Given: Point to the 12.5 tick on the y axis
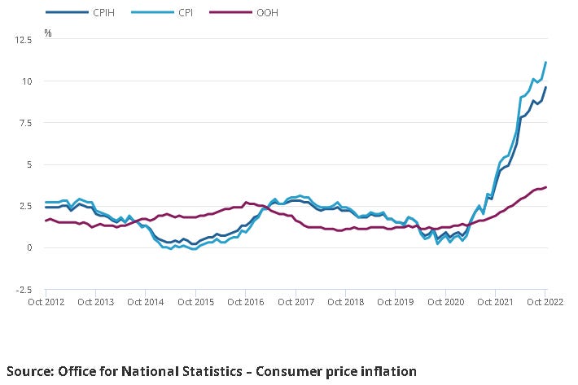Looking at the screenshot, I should (25, 39).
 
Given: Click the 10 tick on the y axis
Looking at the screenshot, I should (29, 81).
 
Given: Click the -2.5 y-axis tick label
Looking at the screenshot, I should (26, 290).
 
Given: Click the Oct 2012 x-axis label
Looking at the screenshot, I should (46, 302).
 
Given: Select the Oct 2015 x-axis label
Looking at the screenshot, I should (195, 302).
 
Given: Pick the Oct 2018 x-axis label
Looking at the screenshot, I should (345, 302).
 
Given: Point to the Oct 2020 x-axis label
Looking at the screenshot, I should (445, 302).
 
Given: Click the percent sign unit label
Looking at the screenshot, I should (48, 33).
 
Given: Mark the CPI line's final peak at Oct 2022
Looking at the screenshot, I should (545, 62).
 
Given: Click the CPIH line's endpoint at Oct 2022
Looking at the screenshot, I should (545, 87).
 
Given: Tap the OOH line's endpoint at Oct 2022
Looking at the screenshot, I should (545, 187).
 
